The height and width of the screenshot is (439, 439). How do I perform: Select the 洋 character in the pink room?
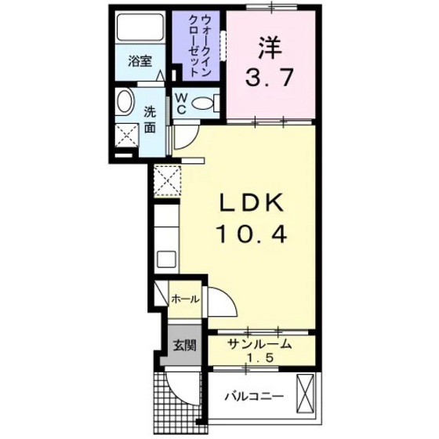pyautogui.click(x=270, y=48)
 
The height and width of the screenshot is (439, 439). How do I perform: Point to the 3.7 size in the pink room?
pyautogui.click(x=270, y=78)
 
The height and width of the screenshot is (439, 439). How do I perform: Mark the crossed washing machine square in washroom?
pyautogui.click(x=125, y=133)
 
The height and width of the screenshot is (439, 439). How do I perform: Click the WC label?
pyautogui.click(x=180, y=103)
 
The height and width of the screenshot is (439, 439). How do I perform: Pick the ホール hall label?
pyautogui.click(x=185, y=299)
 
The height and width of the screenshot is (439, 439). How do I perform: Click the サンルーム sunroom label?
pyautogui.click(x=260, y=343)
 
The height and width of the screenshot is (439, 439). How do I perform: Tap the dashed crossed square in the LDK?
pyautogui.click(x=167, y=180)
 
